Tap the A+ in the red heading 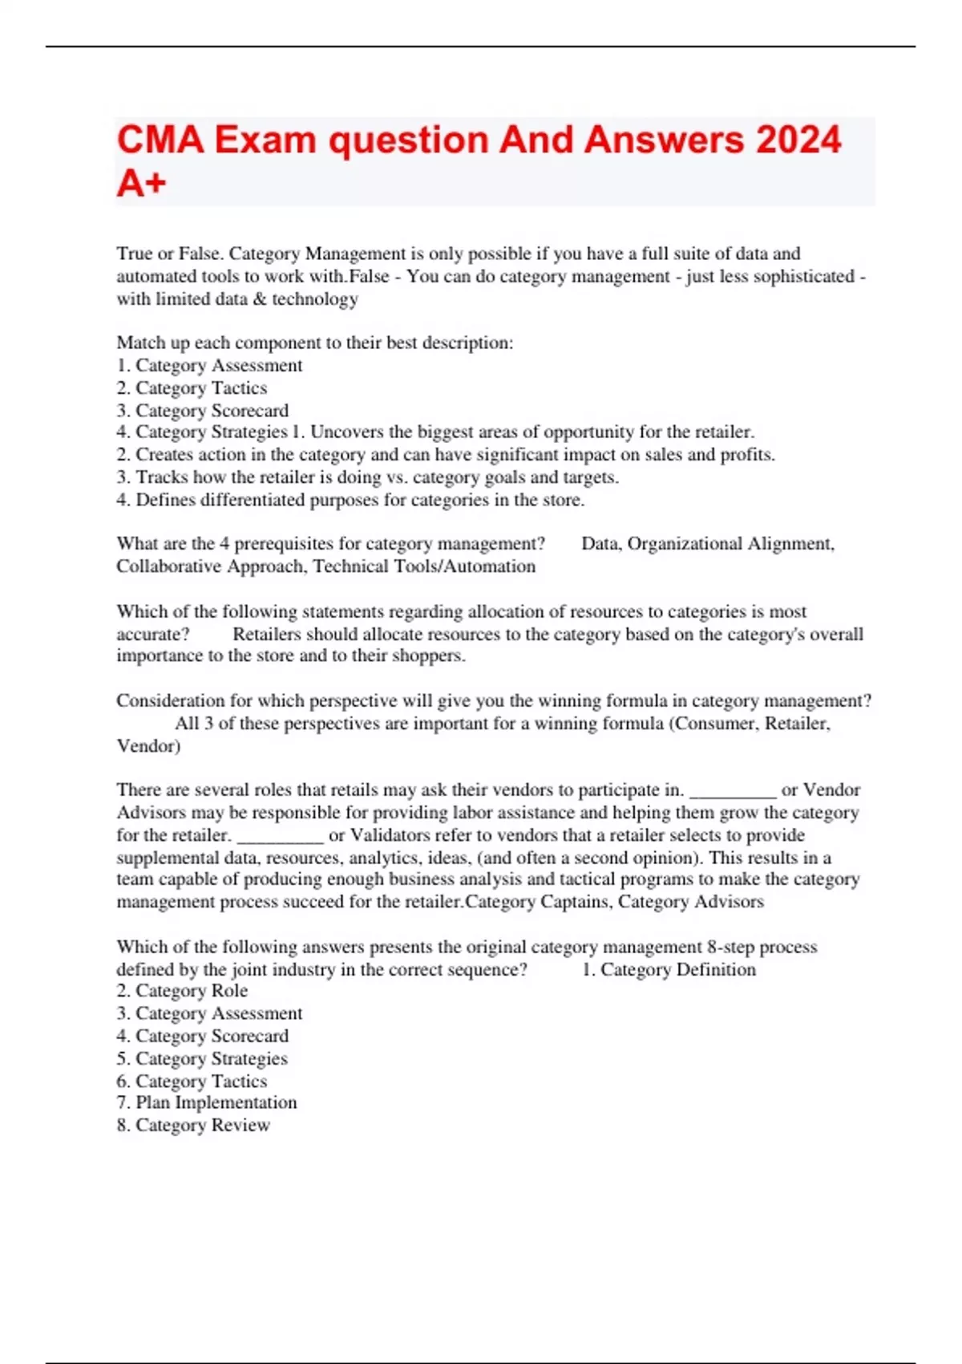pos(141,183)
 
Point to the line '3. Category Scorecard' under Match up pos(202,411)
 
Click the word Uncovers pos(346,432)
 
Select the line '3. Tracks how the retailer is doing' pos(367,477)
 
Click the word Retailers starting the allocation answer pos(267,634)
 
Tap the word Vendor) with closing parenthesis pos(148,746)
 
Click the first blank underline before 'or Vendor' pos(732,790)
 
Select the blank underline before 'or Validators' pos(281,835)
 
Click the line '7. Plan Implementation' pos(207,1102)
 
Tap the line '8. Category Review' pos(193,1125)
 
